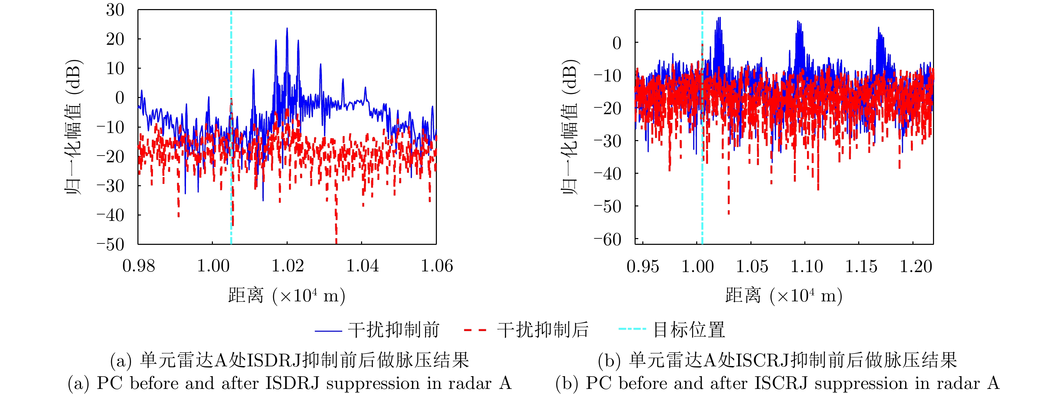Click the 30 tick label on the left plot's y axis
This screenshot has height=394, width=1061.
click(x=115, y=10)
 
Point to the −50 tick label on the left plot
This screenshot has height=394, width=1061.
click(x=110, y=244)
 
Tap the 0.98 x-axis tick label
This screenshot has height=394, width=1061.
click(x=138, y=266)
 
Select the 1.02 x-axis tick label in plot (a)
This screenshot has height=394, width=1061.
click(x=288, y=266)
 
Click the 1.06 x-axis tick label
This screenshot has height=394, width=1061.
click(x=437, y=266)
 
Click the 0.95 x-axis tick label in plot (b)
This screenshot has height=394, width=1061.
click(x=643, y=266)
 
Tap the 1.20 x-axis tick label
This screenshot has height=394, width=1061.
click(x=915, y=266)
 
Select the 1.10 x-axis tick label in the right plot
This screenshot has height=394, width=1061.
click(x=806, y=266)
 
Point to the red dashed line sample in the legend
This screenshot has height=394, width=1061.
click(x=475, y=330)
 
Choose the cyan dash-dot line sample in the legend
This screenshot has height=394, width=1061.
click(x=632, y=329)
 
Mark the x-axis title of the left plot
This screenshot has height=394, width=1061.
click(x=287, y=296)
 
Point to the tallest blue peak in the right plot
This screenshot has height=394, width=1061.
click(x=719, y=18)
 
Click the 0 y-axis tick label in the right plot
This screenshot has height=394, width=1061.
click(x=617, y=43)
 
